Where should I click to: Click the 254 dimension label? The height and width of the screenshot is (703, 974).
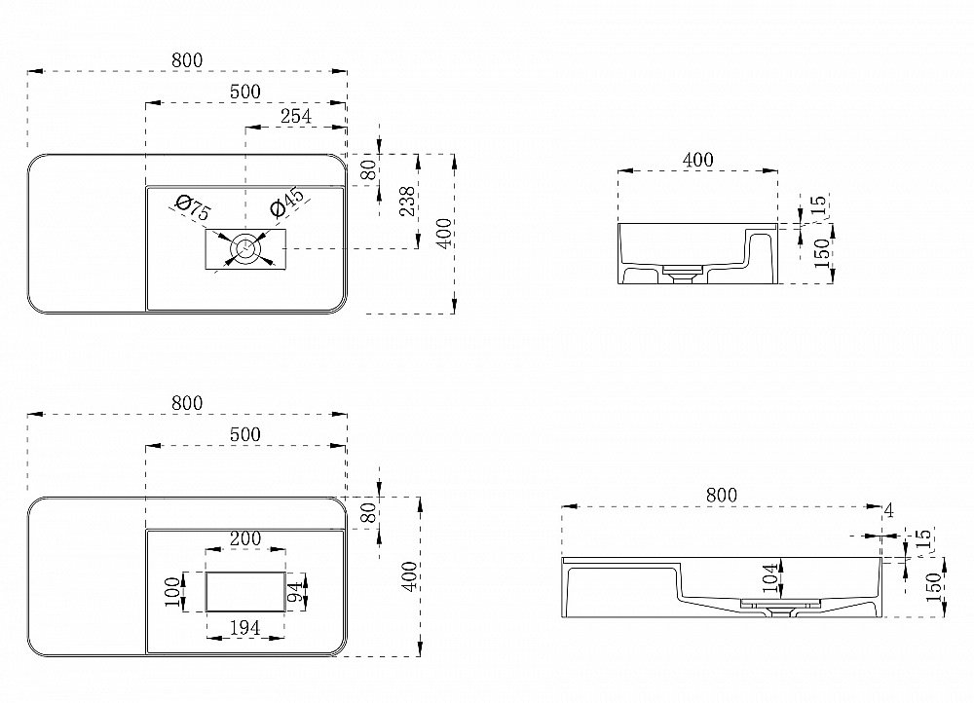tap(296, 116)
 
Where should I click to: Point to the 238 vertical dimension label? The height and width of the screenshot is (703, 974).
tap(406, 201)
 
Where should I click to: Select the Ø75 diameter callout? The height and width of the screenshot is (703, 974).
tap(193, 206)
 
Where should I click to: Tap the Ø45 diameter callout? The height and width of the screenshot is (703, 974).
tap(287, 202)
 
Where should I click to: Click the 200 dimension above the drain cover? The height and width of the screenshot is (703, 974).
tap(245, 538)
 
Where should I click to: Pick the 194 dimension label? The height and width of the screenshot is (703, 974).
tap(244, 628)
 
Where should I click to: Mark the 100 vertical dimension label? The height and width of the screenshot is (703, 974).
tap(174, 592)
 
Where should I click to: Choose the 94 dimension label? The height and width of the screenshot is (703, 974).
tap(297, 592)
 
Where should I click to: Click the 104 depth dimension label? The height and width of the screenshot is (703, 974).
tap(769, 578)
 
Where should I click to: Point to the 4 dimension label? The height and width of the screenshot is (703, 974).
tap(889, 510)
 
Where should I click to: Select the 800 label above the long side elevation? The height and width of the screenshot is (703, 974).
tap(721, 495)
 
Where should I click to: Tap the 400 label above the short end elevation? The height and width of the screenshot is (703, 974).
tap(697, 160)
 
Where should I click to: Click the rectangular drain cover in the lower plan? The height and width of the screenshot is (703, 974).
tap(245, 592)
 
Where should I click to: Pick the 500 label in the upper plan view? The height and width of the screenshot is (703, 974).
tap(245, 92)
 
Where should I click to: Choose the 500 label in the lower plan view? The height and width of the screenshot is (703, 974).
tap(245, 434)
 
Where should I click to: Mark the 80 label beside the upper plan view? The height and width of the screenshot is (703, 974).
tap(368, 170)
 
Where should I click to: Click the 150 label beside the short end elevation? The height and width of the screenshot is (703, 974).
tap(821, 253)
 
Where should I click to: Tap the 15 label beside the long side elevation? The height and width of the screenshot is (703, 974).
tap(923, 537)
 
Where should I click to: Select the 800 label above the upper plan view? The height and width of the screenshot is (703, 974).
tap(187, 60)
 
